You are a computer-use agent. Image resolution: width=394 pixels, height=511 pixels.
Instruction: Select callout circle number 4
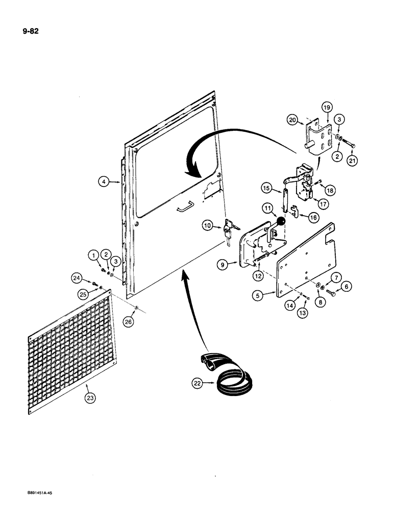click(104, 181)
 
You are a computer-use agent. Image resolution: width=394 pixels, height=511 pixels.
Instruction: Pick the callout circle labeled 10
click(207, 225)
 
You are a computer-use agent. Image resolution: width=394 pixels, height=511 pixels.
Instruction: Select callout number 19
click(327, 107)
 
